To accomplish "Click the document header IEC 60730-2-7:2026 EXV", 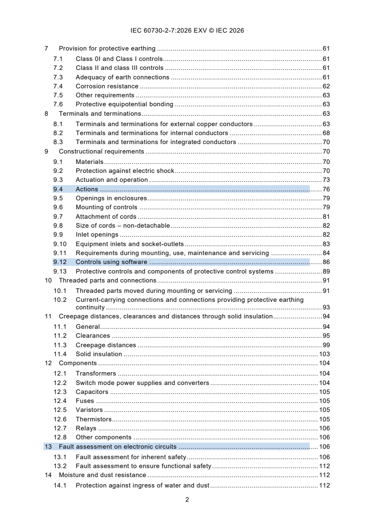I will click(x=187, y=31).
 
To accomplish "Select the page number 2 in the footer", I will click(x=187, y=499).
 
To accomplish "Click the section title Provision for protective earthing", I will click(x=107, y=49).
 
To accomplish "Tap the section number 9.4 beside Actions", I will click(x=58, y=189).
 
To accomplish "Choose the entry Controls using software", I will click(x=111, y=262).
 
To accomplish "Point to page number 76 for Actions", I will click(x=326, y=189).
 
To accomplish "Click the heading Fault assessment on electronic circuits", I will click(x=117, y=447).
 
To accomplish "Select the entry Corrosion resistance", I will click(x=107, y=86).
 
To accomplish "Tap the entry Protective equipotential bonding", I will click(x=124, y=104).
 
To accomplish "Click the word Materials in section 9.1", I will click(x=89, y=162).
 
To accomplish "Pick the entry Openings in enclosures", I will click(x=111, y=198).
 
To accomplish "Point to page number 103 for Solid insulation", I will click(x=324, y=354).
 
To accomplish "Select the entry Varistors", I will click(x=89, y=410).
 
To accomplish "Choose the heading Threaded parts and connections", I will click(x=107, y=281).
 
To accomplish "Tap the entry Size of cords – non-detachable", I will click(x=122, y=226).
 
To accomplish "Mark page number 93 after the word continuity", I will click(x=326, y=308).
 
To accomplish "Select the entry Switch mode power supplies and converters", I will click(x=142, y=383).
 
